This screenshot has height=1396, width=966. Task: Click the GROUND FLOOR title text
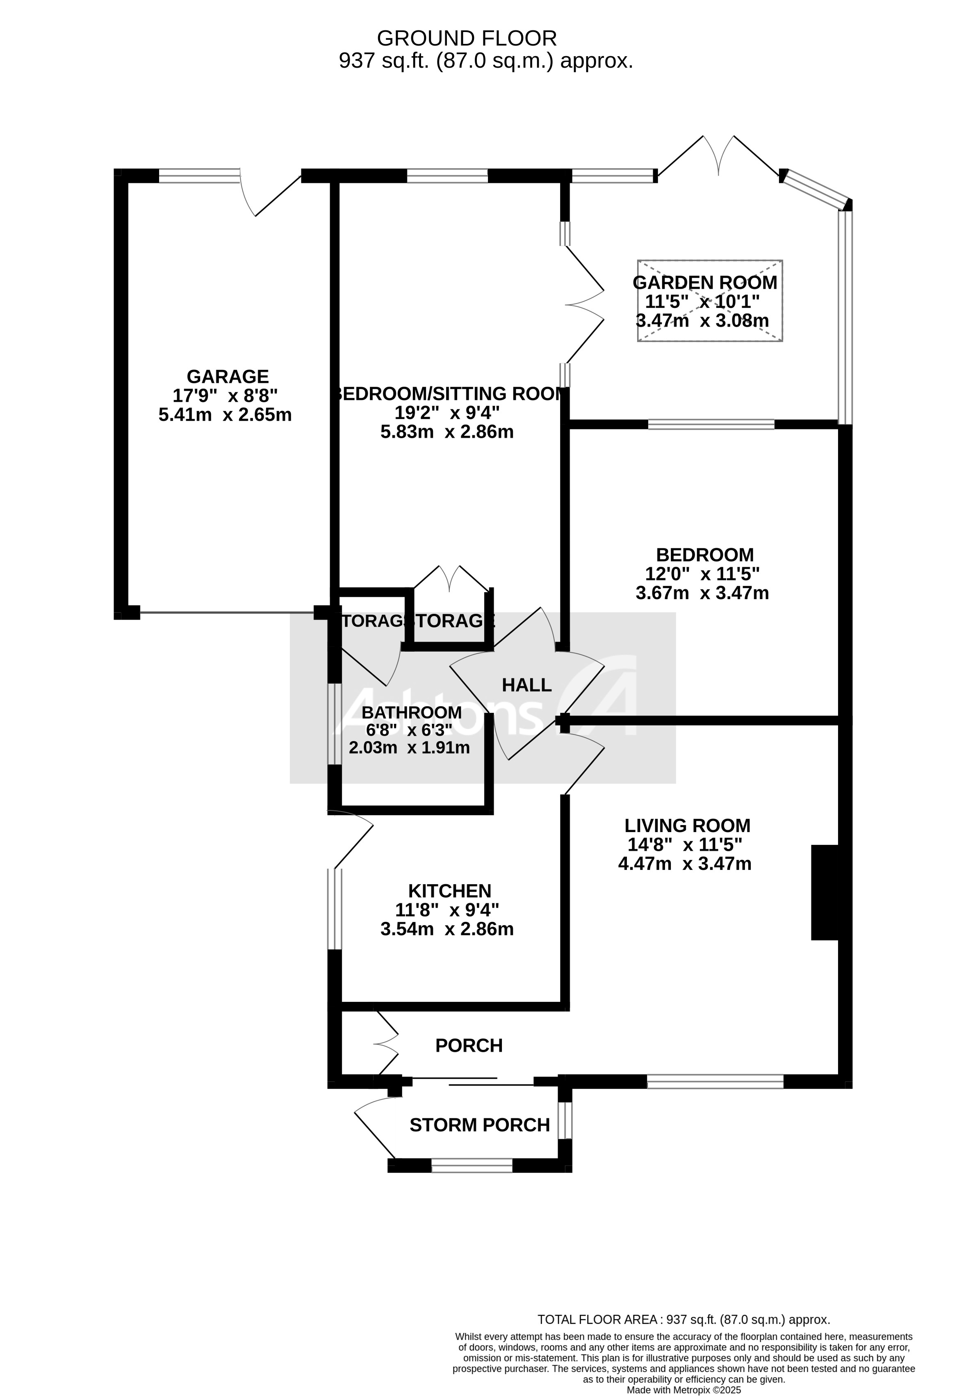click(x=467, y=38)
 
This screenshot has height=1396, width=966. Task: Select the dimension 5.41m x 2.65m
click(x=225, y=415)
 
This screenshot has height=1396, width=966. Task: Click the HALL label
click(x=526, y=685)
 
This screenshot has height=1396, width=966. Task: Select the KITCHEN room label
click(x=450, y=891)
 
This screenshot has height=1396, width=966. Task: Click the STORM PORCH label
click(x=479, y=1125)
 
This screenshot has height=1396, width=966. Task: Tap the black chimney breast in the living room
click(x=825, y=892)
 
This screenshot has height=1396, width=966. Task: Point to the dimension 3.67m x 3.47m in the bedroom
click(x=702, y=593)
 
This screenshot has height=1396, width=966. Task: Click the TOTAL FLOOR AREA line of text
click(x=683, y=1320)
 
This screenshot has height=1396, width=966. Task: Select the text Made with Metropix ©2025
click(x=683, y=1373)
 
